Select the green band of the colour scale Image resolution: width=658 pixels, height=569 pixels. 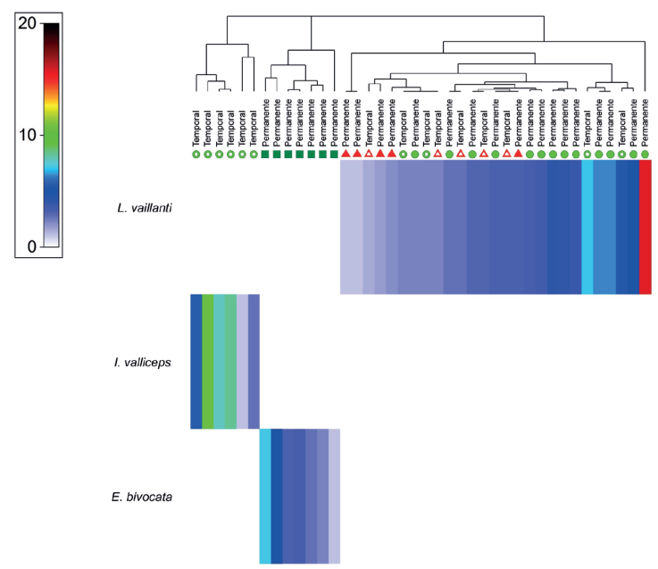(x=51, y=134)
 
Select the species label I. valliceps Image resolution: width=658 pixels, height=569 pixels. (x=144, y=362)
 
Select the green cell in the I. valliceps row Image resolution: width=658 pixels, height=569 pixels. (x=208, y=361)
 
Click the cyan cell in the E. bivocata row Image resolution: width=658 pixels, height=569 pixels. (x=265, y=496)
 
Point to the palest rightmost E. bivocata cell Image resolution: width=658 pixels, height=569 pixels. (x=335, y=496)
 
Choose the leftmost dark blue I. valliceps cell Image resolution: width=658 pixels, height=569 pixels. (x=196, y=361)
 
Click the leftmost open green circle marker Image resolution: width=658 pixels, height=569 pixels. (x=196, y=155)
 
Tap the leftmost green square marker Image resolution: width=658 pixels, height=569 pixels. (x=265, y=155)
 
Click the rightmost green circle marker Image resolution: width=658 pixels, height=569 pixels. (x=645, y=155)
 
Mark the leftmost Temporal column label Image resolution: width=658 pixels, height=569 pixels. (x=196, y=129)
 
